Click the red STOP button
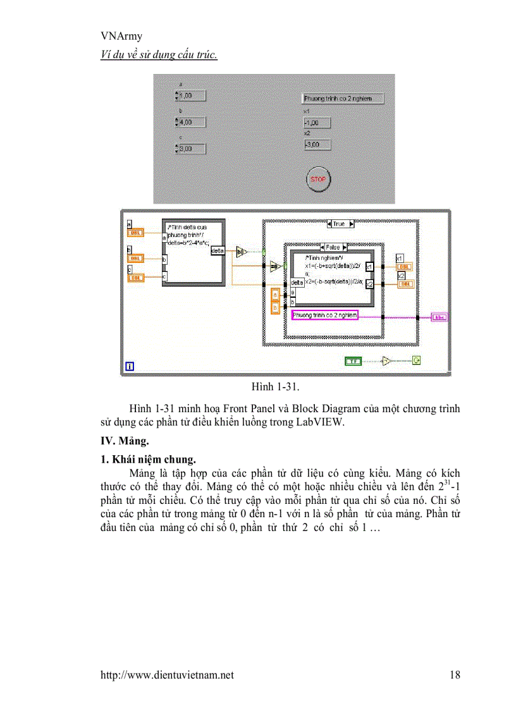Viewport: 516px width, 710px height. point(318,180)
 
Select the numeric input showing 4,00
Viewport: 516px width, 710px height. point(192,122)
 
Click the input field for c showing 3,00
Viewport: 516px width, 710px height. point(192,149)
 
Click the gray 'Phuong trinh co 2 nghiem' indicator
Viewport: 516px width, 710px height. point(343,99)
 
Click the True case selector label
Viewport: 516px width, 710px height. point(339,224)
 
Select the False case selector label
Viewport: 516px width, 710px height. point(333,247)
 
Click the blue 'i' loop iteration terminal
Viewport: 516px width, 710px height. point(130,365)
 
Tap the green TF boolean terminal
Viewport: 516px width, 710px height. point(353,361)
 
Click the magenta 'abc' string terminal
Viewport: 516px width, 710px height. point(439,317)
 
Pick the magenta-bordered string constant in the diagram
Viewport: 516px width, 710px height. point(324,315)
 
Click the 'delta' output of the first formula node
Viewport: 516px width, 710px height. point(217,251)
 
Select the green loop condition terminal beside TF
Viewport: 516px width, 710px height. point(417,361)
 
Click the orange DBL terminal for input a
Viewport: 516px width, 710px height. point(136,233)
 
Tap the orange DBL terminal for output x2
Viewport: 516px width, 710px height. point(405,284)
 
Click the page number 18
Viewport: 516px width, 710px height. point(455,675)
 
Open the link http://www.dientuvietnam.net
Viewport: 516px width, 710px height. point(167,675)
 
